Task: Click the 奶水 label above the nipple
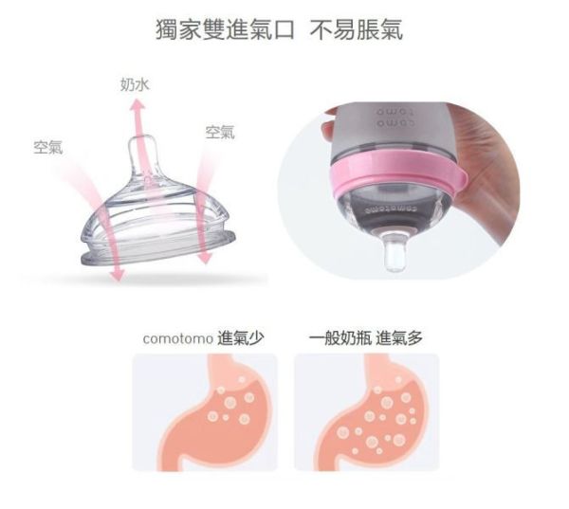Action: [x=135, y=85]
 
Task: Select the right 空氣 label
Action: [x=220, y=132]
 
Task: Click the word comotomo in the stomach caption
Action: [x=177, y=337]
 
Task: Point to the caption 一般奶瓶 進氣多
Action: [x=366, y=337]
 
